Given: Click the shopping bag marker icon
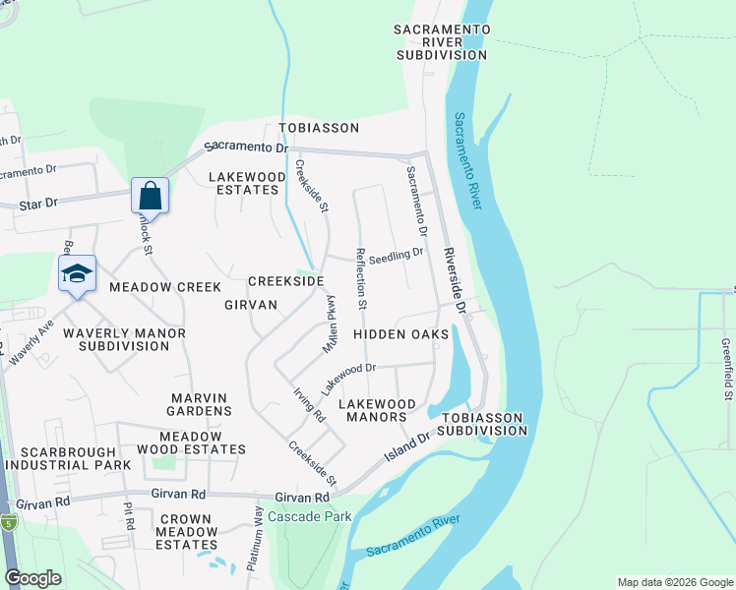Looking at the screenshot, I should (x=150, y=194).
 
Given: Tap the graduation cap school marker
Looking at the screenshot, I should (x=76, y=272).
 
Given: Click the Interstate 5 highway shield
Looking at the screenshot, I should (x=8, y=521).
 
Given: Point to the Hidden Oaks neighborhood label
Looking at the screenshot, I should (x=400, y=334).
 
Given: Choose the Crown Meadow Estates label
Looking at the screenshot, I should (x=186, y=531).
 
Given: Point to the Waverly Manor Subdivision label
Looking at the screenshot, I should (x=124, y=339).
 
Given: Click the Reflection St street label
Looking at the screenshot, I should (x=362, y=277).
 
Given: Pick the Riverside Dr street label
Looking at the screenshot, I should (x=454, y=279).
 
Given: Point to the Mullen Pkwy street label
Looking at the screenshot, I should (x=334, y=324).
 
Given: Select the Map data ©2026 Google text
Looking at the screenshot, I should (x=674, y=582).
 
